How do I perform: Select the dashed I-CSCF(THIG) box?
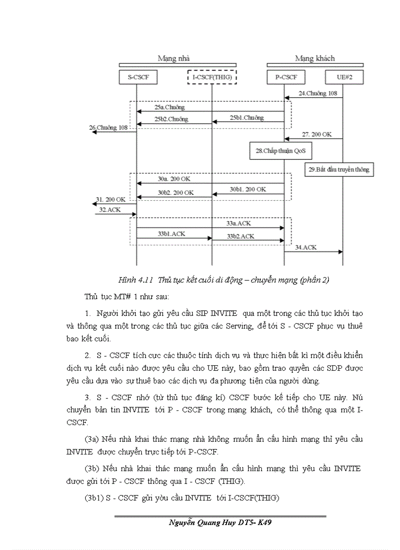(212, 77)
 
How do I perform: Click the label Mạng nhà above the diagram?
(173, 58)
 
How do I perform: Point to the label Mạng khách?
(315, 58)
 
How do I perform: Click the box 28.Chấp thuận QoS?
(280, 151)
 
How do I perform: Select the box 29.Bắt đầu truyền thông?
(339, 170)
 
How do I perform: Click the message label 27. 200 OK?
(317, 134)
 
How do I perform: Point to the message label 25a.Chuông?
(169, 107)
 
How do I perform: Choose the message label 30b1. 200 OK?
(248, 189)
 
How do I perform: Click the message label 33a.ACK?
(239, 223)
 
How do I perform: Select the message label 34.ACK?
(306, 247)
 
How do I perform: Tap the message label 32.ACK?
(110, 209)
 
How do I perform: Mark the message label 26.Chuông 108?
(108, 128)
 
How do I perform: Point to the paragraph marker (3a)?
(92, 439)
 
